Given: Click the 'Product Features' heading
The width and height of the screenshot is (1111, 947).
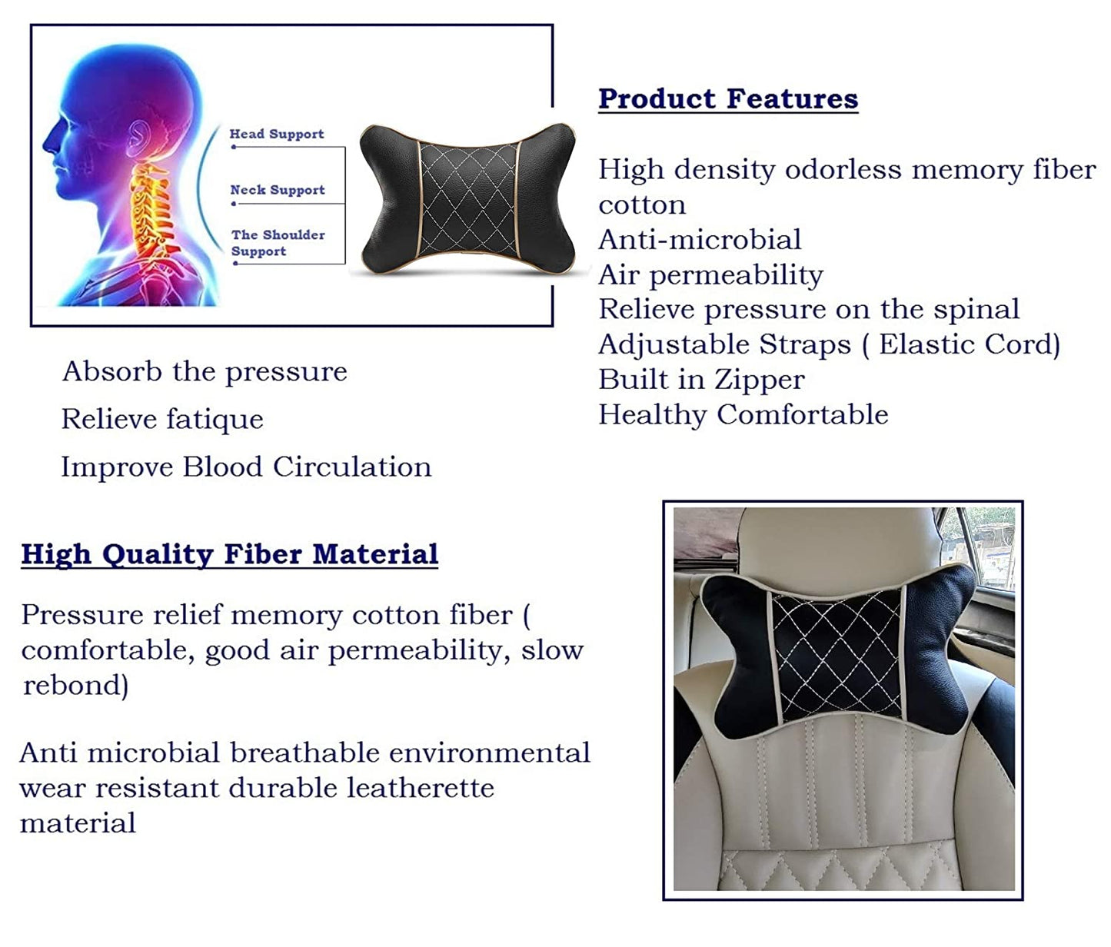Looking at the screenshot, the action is coord(728,99).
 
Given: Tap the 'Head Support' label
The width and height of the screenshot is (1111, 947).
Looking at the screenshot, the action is coord(277,134).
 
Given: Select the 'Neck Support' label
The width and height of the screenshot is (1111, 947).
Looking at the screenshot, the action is coord(278,190).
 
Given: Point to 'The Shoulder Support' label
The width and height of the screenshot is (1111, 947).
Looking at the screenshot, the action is coord(278,243).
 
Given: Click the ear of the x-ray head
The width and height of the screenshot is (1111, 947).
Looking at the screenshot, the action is coord(138,137).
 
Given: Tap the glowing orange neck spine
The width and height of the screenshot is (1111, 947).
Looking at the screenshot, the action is coord(153,210).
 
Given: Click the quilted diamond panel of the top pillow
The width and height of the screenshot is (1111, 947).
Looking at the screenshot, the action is coord(468,199).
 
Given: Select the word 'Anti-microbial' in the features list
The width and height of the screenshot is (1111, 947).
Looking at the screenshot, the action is coord(700,239).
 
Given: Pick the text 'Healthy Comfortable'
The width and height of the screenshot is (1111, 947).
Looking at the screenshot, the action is coord(743,415).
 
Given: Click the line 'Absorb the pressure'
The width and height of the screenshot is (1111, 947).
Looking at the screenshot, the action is coord(205,372).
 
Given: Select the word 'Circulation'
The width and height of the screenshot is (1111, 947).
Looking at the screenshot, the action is coord(352,467).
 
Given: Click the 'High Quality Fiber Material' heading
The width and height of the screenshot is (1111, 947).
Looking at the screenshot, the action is coord(230,555).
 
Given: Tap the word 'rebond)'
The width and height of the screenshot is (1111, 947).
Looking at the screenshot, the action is coord(76,685).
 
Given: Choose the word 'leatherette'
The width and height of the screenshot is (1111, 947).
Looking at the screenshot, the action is coord(421,789).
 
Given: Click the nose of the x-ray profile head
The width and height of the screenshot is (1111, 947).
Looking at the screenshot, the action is coord(49,141).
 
